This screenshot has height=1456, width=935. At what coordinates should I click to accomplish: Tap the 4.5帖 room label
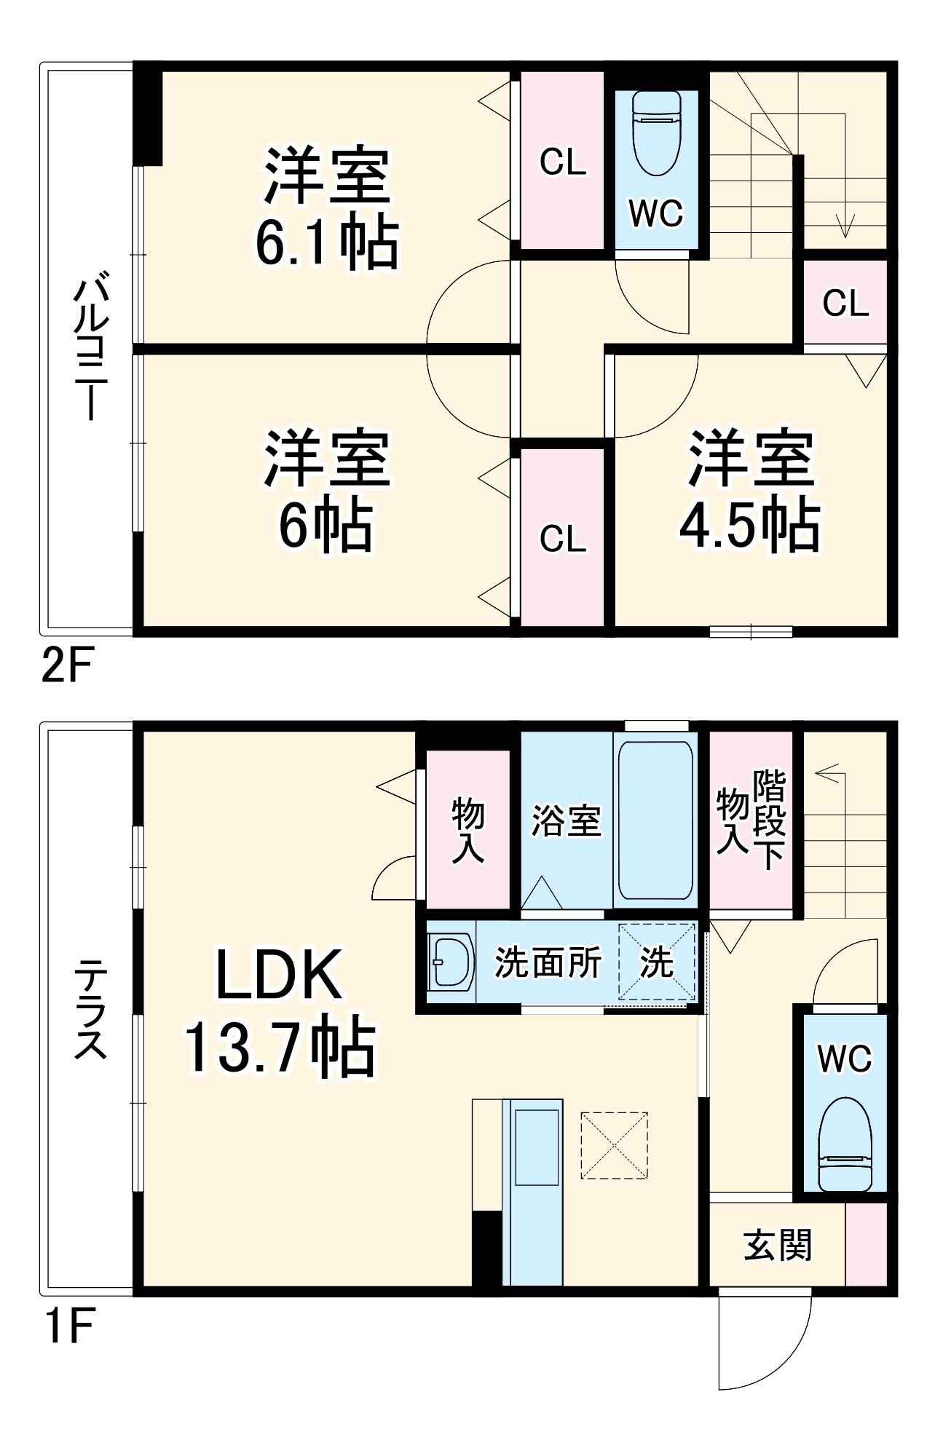[x=750, y=491]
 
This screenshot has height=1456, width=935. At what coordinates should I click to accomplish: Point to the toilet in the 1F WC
[x=845, y=1144]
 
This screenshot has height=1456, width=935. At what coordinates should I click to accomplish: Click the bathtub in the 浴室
[x=655, y=820]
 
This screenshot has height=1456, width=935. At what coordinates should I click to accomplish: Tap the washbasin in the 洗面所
[x=449, y=962]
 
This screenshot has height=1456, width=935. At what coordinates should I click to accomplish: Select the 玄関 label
[x=777, y=1245]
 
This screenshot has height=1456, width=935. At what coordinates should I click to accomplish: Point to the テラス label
[x=90, y=1008]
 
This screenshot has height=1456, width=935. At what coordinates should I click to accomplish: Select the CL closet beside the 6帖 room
[x=562, y=539]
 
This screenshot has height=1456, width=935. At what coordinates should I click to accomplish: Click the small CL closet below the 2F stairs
[x=845, y=303]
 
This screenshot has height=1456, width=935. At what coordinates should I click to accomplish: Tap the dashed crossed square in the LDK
[x=614, y=1145]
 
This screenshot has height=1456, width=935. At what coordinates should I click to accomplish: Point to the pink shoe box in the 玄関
[x=867, y=1244]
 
